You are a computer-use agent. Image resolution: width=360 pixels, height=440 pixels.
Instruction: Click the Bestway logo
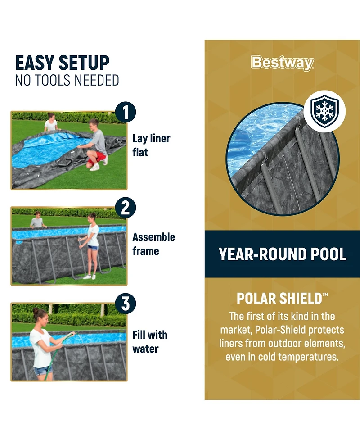pos(282,63)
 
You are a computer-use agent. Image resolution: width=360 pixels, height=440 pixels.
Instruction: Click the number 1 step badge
pos(126,112)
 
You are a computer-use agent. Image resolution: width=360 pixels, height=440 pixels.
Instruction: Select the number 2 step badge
pos(126,208)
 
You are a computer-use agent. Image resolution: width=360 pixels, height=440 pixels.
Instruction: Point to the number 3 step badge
pos(126,304)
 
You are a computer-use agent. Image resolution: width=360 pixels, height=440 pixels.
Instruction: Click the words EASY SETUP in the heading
pos(62,63)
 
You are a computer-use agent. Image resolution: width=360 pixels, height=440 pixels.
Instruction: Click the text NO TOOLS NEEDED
pos(67,80)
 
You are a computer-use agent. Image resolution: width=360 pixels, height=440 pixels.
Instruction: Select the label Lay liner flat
pos(151,145)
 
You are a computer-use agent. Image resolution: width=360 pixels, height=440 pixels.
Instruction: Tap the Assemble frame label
pos(153,244)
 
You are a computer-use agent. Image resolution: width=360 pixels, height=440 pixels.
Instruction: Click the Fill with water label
pos(150,342)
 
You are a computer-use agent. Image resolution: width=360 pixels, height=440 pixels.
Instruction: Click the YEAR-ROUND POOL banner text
pos(282,254)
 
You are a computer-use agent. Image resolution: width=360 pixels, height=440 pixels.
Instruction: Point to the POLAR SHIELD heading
pos(282,298)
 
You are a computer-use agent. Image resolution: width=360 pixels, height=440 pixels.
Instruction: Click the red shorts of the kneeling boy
pos(97,158)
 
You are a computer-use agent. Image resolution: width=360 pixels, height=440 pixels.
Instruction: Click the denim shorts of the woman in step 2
pos(93,248)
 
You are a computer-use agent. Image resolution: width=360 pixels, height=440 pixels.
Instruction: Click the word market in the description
pos(236,330)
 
